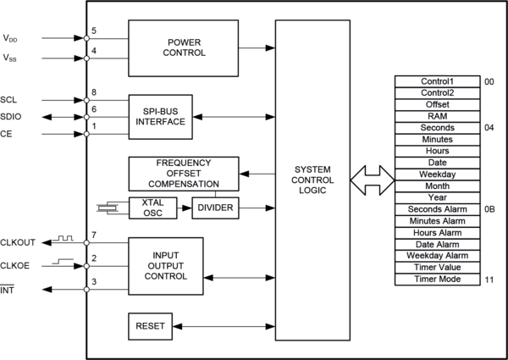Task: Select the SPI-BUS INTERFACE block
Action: [160, 116]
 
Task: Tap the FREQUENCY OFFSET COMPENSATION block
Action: [184, 173]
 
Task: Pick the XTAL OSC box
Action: [152, 208]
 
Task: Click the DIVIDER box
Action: [215, 208]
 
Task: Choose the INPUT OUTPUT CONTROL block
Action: [165, 265]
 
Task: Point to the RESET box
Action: [149, 326]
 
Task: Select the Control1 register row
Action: [438, 81]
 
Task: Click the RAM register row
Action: [438, 116]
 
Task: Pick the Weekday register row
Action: [438, 174]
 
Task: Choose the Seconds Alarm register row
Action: [438, 208]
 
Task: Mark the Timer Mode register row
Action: [438, 279]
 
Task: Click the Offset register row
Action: [438, 104]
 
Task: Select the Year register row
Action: [438, 197]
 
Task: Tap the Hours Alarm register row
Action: [438, 232]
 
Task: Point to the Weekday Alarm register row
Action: [438, 255]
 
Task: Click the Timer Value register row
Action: [438, 267]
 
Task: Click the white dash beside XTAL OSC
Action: [107, 208]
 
